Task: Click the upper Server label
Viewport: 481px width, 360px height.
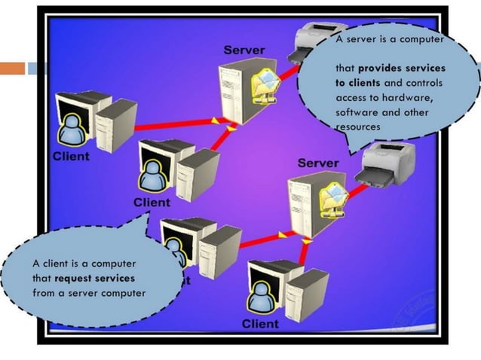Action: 244,50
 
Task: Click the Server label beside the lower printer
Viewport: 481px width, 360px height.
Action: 318,163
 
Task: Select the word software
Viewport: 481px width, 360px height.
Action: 358,112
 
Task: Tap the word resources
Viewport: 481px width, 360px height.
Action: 358,127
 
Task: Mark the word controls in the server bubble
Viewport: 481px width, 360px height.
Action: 424,82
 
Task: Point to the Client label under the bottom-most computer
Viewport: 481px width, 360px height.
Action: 260,324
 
